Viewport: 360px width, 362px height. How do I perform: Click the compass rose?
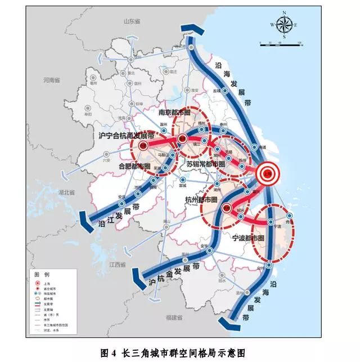[x=285, y=24]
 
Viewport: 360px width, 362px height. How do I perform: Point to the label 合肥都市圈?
[x=136, y=167]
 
